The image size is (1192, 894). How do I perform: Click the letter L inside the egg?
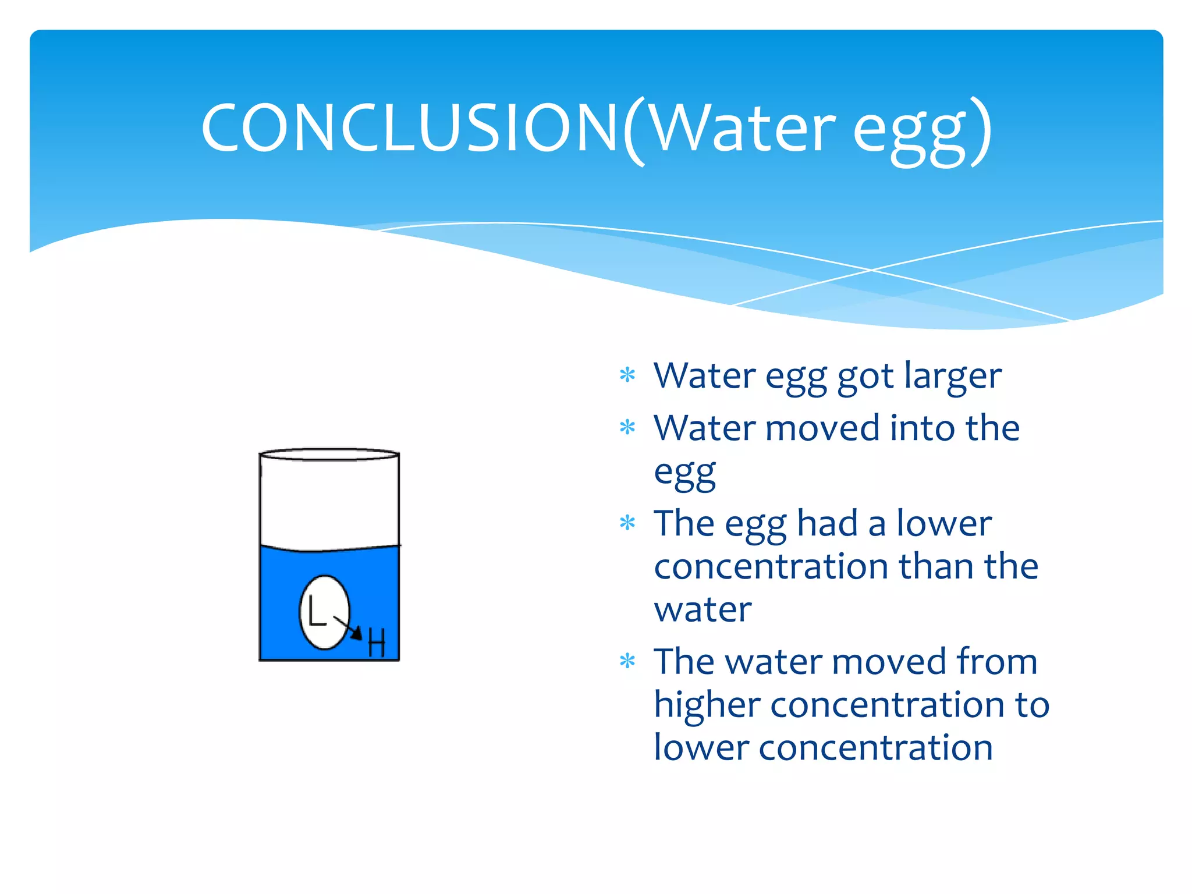pyautogui.click(x=316, y=611)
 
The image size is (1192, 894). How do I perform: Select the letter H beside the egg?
pyautogui.click(x=377, y=643)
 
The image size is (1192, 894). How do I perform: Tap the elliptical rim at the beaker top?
pyautogui.click(x=329, y=454)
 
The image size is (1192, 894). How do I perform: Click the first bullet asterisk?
pyautogui.click(x=627, y=375)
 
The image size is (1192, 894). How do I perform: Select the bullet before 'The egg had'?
pyautogui.click(x=627, y=523)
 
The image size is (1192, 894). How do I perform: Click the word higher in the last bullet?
pyautogui.click(x=707, y=705)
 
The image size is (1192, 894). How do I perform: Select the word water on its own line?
pyautogui.click(x=703, y=609)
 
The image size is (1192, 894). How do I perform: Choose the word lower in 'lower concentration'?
pyautogui.click(x=701, y=747)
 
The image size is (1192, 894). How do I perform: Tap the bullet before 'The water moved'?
pyautogui.click(x=627, y=661)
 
